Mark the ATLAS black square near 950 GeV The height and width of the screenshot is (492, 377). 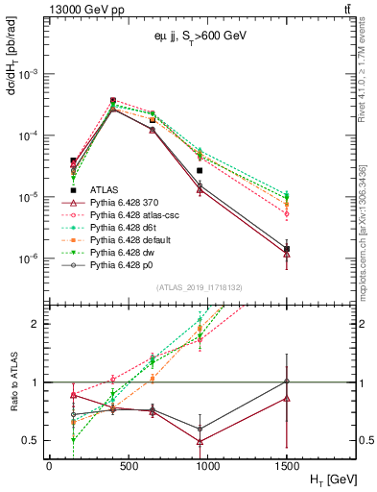[x=253, y=171]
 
